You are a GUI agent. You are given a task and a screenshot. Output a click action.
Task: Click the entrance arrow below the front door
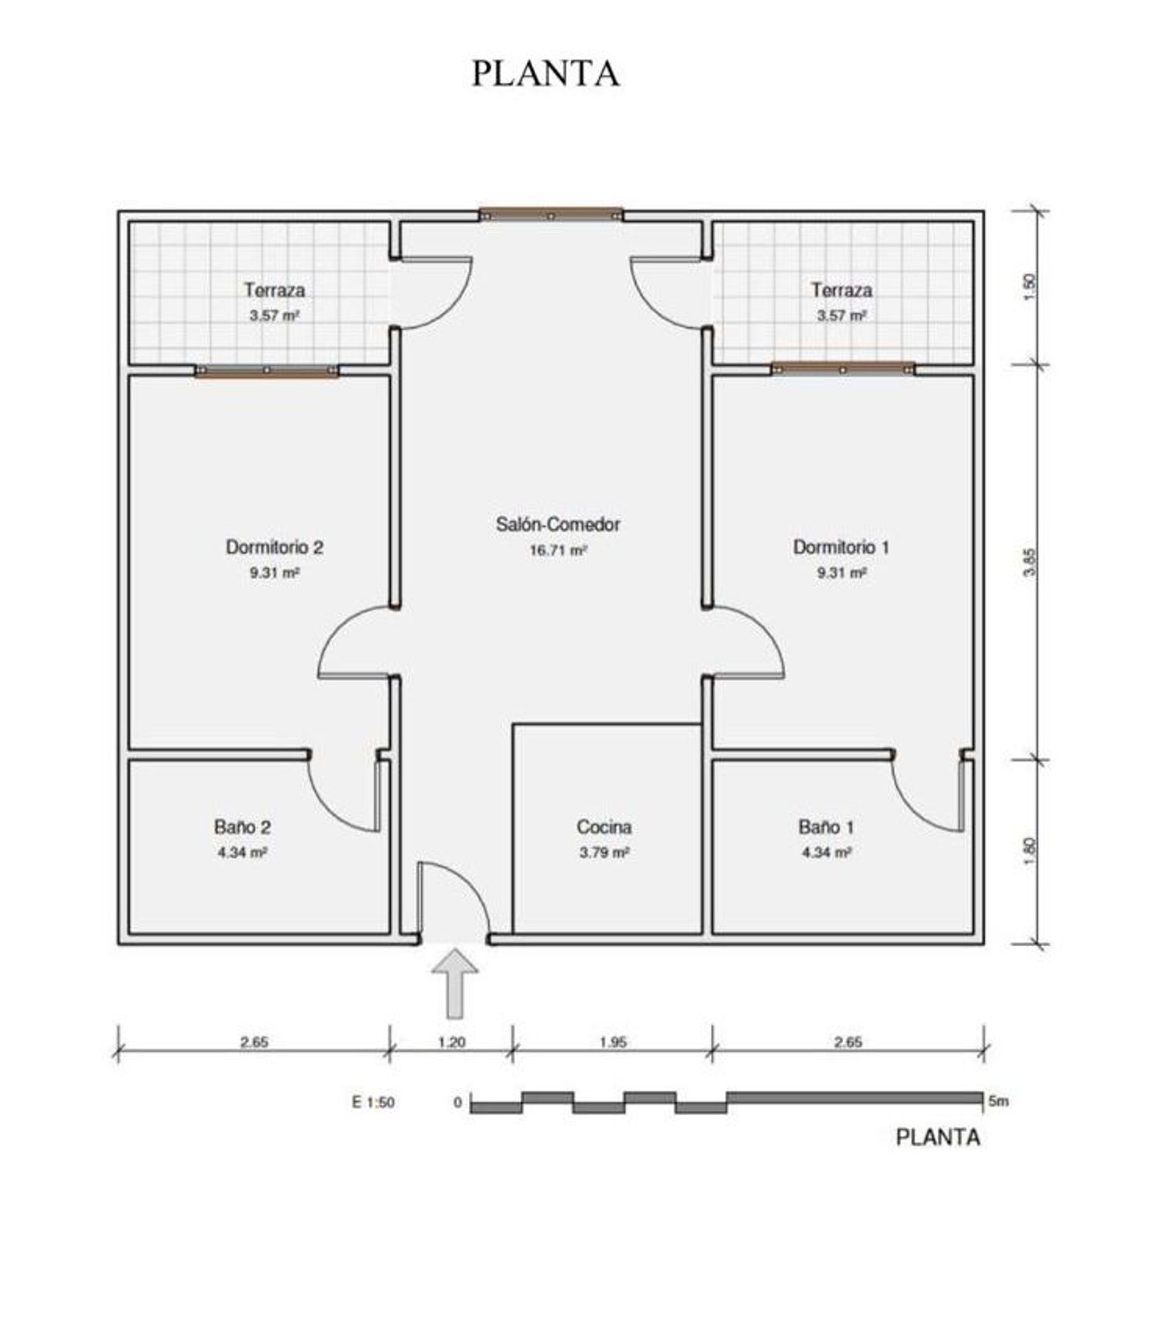click(454, 983)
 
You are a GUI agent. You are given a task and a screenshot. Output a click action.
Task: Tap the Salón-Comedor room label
click(557, 524)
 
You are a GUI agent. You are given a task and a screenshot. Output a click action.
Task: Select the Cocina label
click(604, 827)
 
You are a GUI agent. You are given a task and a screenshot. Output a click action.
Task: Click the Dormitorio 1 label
click(841, 547)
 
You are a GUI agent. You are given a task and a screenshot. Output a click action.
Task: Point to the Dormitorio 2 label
click(274, 547)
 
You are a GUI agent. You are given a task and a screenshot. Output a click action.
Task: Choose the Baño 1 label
click(825, 827)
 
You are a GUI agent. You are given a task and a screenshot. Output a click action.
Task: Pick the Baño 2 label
click(242, 827)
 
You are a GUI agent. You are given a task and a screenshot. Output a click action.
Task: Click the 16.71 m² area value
click(557, 550)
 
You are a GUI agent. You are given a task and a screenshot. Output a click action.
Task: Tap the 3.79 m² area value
click(604, 852)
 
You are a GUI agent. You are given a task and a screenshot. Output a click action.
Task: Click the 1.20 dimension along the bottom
click(451, 1042)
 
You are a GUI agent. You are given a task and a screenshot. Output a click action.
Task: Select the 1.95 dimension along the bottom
click(612, 1042)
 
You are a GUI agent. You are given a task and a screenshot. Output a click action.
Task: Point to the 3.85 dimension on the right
click(1032, 561)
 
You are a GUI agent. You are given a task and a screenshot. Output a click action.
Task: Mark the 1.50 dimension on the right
click(1032, 287)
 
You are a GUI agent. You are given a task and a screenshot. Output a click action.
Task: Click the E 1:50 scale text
click(373, 1102)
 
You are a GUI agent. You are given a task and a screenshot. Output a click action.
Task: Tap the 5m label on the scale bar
click(998, 1101)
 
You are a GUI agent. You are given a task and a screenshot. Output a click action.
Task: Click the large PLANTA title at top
click(545, 73)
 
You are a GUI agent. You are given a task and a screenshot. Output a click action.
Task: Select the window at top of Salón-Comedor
click(550, 214)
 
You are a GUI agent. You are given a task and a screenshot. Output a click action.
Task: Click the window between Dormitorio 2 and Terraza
click(266, 370)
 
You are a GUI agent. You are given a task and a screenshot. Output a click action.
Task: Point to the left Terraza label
click(274, 290)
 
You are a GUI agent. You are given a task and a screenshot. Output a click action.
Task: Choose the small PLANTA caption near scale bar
click(938, 1137)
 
